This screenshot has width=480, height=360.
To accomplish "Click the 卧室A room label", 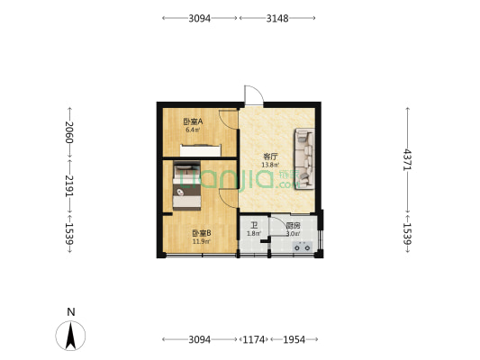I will point(191,121).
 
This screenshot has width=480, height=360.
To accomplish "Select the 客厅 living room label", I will point(269,157).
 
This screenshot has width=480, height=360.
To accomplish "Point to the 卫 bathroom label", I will point(254,226).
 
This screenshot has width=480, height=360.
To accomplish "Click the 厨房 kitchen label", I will point(293,226).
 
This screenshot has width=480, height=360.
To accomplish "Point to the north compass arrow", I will point(71,336).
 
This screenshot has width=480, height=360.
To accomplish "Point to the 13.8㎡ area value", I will point(269,165).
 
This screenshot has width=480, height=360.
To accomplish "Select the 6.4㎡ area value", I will point(191,130).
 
